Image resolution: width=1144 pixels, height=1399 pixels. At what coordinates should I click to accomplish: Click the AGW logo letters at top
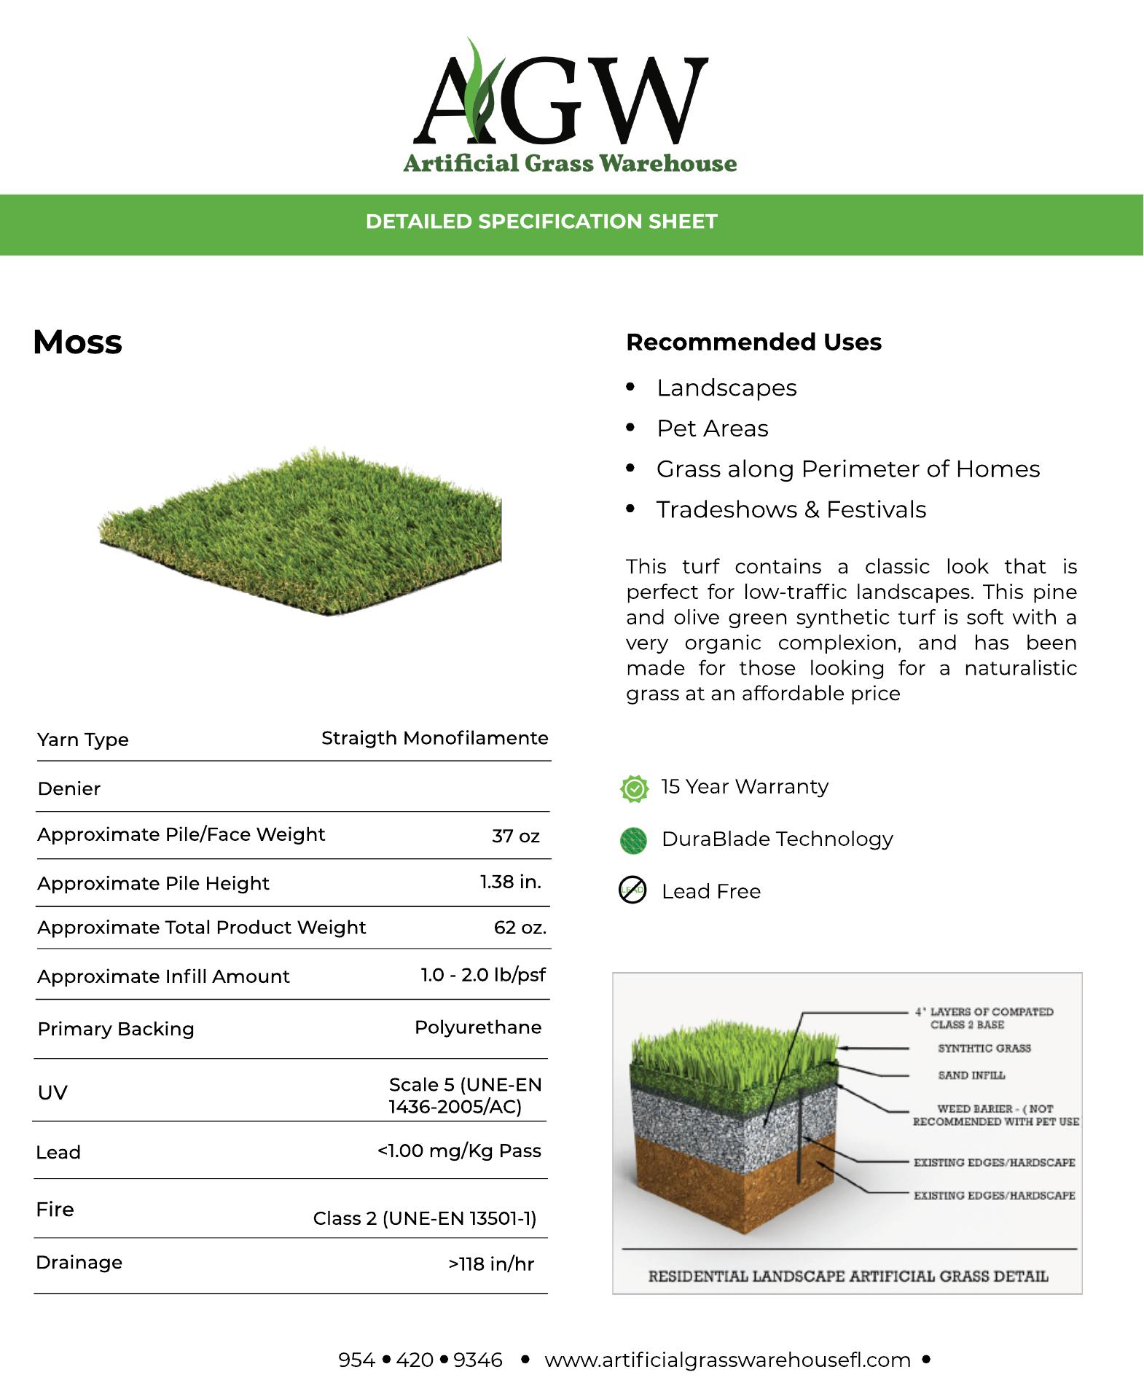click(561, 95)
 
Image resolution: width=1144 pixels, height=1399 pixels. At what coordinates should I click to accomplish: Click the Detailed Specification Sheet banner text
click(541, 222)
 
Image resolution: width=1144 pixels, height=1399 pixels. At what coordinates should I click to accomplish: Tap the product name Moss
click(78, 342)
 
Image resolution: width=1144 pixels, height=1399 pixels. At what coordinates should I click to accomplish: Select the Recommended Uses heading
click(753, 342)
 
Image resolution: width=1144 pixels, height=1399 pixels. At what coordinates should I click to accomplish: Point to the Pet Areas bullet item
click(712, 428)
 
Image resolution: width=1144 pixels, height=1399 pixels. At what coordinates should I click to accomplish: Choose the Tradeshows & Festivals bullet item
click(791, 509)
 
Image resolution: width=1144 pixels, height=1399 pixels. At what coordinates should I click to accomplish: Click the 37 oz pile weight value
click(515, 836)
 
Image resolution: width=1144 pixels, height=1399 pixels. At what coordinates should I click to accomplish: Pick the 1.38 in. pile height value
click(510, 882)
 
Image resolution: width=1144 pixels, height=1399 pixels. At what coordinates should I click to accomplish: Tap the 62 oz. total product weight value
click(520, 927)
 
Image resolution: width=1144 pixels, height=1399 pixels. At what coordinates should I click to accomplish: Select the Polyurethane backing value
click(478, 1027)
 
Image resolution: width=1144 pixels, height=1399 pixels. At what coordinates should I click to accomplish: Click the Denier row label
click(69, 788)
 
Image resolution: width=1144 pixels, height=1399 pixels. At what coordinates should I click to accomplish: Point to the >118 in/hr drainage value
click(491, 1263)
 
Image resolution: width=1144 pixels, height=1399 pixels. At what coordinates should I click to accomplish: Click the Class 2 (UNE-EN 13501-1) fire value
click(425, 1218)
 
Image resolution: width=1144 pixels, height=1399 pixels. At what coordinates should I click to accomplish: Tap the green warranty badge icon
click(634, 788)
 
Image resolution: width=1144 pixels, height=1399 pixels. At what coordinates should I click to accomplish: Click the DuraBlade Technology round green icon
click(633, 840)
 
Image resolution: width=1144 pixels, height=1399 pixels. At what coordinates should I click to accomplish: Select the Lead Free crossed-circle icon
click(632, 890)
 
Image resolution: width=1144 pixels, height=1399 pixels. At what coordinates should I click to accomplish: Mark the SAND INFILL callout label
click(971, 1075)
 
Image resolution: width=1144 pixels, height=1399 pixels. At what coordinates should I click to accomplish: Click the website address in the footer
click(727, 1360)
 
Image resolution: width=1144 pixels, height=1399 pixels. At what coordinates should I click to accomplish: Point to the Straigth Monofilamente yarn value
click(434, 738)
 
